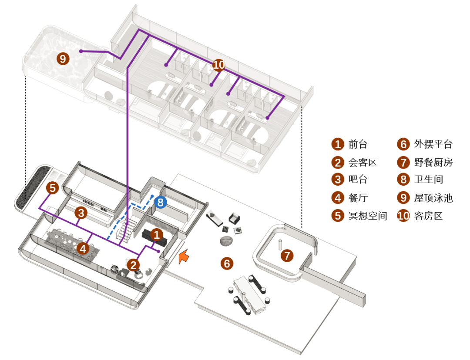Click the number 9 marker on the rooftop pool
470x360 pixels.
point(63,59)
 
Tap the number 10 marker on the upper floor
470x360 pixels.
point(219,65)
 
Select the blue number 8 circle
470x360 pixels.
point(160,202)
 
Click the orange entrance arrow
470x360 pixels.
point(184,257)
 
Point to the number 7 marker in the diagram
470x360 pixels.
point(287,256)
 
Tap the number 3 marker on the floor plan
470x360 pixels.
point(81,213)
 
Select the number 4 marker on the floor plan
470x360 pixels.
point(83,248)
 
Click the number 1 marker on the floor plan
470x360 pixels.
point(157,235)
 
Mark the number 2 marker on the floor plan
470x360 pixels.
point(134,264)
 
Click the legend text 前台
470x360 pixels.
point(358,144)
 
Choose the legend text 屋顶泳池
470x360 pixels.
point(433,198)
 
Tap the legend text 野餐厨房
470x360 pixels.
point(433,163)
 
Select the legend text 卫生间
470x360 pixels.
point(428,180)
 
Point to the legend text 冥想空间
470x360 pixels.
point(368,216)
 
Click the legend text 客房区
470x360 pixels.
point(428,216)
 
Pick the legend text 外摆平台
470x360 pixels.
point(433,144)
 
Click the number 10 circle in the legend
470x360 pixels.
point(403,216)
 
